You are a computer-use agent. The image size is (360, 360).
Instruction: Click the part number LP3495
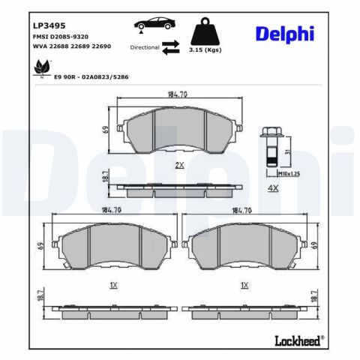click(x=49, y=25)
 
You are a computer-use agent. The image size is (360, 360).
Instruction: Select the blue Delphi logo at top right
click(x=285, y=34)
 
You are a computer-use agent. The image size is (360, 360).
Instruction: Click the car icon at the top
click(x=154, y=24)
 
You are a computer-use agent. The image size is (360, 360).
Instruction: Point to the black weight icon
click(x=205, y=31)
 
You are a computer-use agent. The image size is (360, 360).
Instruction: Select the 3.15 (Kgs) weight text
click(x=205, y=50)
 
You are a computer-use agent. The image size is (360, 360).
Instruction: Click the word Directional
click(x=145, y=47)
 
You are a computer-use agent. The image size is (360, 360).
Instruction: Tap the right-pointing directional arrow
click(x=171, y=43)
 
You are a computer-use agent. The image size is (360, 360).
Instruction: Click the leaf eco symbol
click(x=42, y=67)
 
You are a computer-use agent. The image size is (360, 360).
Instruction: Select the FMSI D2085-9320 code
click(x=61, y=37)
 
